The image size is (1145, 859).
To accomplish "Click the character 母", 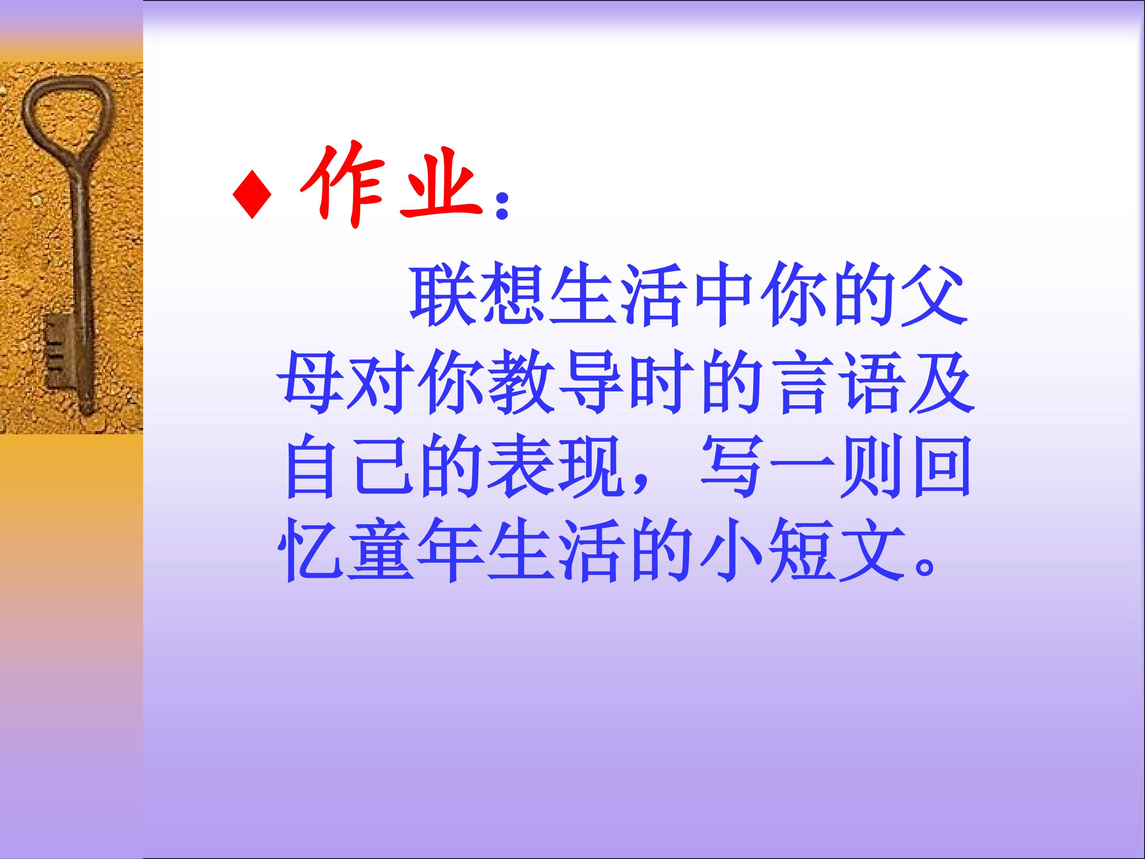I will click(x=310, y=384).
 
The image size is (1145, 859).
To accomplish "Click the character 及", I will click(x=947, y=384).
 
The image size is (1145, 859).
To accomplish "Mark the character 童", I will click(x=380, y=552).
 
